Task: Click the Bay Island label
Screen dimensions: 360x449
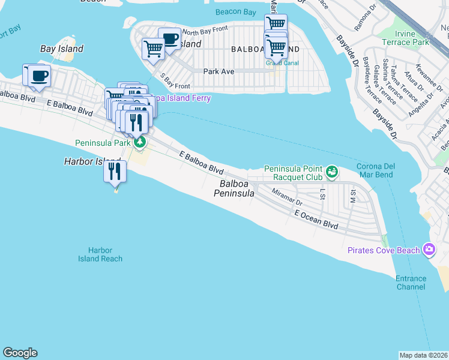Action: point(61,49)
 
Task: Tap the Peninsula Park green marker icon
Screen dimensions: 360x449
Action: point(139,142)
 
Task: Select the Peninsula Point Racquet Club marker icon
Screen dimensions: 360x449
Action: point(331,173)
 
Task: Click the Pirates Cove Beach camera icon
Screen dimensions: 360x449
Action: point(429,249)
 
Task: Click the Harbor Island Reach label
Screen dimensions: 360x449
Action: point(100,254)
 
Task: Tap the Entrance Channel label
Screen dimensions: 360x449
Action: point(411,283)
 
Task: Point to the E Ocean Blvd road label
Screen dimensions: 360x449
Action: point(316,220)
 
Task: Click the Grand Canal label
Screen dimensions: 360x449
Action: point(278,61)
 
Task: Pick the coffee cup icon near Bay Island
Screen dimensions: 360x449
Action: point(40,76)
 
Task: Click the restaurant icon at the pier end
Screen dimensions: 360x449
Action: point(114,171)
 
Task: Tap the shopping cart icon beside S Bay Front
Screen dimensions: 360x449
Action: point(153,48)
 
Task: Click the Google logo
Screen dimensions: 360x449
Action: point(20,353)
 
